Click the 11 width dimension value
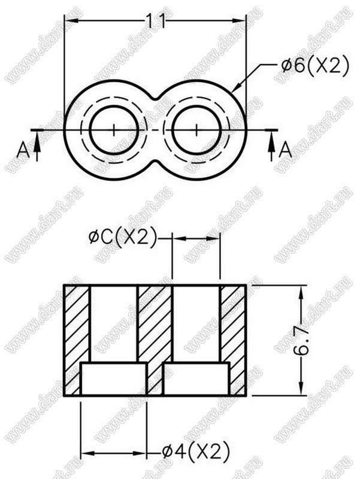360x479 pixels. point(155,22)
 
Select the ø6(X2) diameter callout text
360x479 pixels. point(314,65)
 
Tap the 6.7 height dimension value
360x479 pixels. point(301,340)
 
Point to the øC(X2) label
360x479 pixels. point(123,237)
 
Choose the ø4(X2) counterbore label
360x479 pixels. point(196,451)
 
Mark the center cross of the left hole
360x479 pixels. point(114,130)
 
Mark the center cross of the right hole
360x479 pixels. point(196,130)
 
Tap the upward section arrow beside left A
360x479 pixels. point(37,145)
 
